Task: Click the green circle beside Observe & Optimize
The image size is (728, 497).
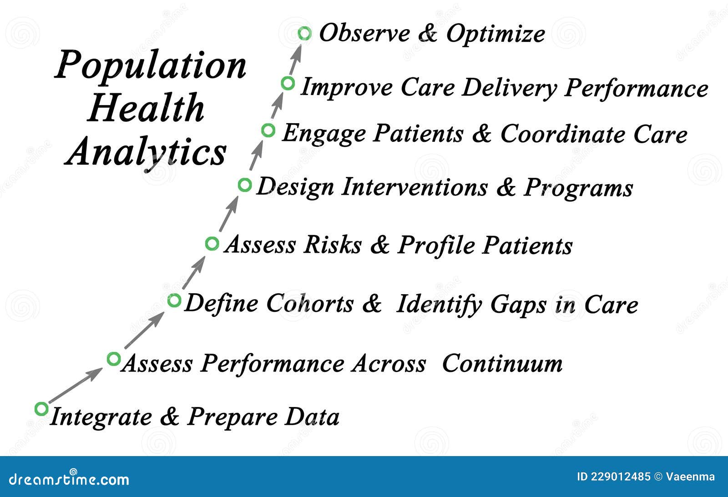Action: [304, 33]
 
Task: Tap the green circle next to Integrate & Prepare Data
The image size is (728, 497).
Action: [41, 409]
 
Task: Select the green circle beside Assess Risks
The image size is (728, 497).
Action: [212, 243]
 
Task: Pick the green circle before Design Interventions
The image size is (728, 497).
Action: [245, 185]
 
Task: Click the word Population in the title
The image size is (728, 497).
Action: [151, 65]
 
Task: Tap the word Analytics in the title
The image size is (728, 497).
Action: [146, 151]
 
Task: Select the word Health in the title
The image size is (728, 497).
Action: [146, 108]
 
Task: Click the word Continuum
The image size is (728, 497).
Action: [502, 364]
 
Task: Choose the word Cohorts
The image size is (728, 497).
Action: [309, 303]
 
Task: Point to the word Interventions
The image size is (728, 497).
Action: [414, 187]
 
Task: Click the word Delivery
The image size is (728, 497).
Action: [509, 88]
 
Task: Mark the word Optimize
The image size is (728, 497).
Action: [495, 34]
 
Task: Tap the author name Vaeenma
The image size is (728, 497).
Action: [690, 477]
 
